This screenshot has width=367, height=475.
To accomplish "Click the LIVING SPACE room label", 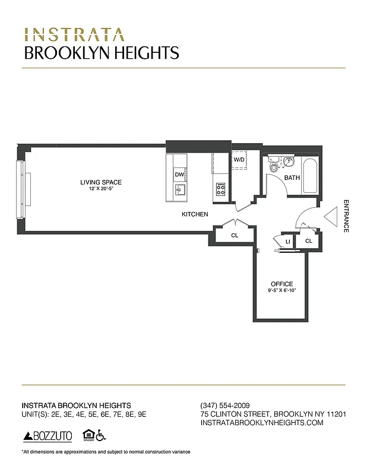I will (x=100, y=182).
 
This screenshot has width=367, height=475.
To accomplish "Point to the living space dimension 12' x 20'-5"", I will (x=100, y=188).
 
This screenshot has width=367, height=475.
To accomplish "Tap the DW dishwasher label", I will (x=179, y=175).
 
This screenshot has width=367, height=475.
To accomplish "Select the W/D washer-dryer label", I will (x=239, y=160).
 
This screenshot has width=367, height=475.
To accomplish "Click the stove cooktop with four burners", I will (x=220, y=189).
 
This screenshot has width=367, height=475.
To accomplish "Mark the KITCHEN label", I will (x=195, y=214).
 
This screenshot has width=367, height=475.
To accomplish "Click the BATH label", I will (x=292, y=178).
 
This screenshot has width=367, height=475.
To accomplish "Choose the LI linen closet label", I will (x=287, y=242).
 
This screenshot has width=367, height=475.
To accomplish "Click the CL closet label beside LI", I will (x=309, y=241).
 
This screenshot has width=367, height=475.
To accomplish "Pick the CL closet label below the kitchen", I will (x=235, y=236).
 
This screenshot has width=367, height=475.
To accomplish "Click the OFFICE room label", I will (x=282, y=284).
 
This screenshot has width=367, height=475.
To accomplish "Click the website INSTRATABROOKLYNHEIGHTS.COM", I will (x=262, y=423).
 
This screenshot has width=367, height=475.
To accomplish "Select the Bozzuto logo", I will (x=48, y=436).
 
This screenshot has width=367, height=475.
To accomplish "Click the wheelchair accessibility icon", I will (x=101, y=436).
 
